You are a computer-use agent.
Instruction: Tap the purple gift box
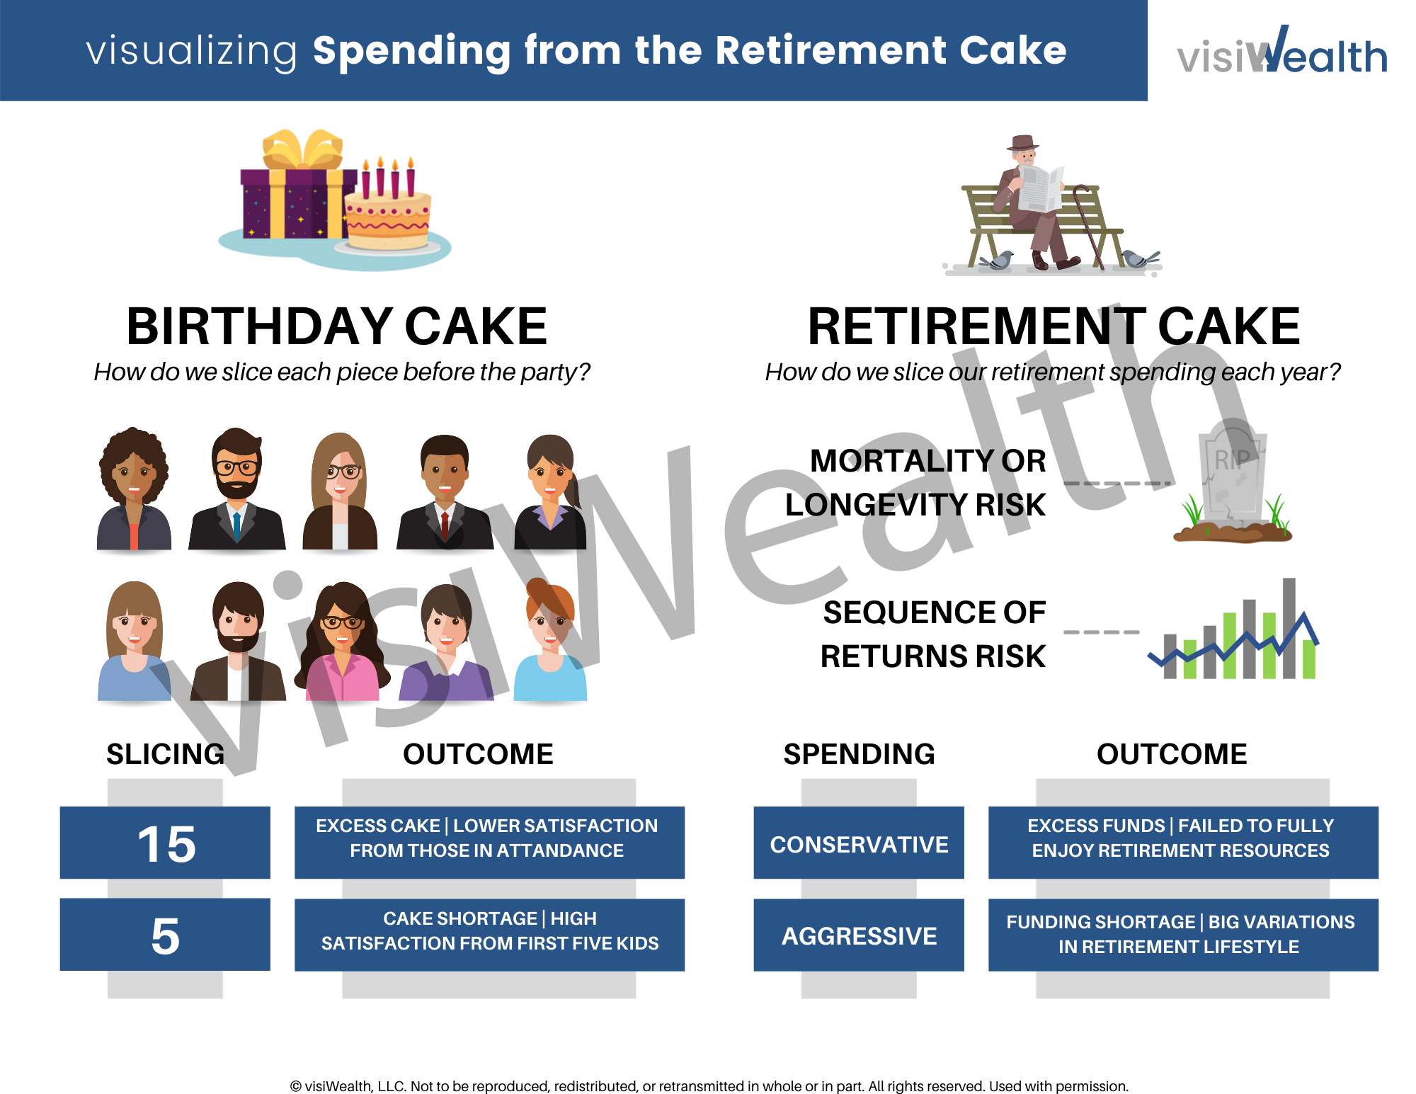[290, 202]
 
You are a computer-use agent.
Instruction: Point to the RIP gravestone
[1232, 474]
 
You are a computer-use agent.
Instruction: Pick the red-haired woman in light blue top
[550, 641]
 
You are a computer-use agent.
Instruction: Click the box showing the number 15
[165, 843]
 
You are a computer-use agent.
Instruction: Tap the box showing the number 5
[165, 935]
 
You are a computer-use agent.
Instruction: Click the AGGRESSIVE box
[859, 935]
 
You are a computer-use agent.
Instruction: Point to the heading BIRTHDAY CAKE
[337, 326]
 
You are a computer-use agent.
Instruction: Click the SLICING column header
[165, 754]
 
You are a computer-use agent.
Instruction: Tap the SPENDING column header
[859, 754]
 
